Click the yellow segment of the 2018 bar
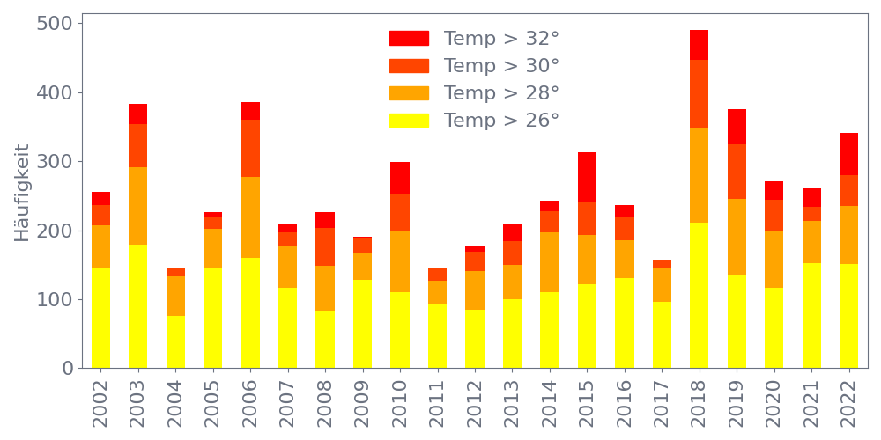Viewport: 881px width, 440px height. click(700, 295)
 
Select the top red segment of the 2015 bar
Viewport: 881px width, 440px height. click(587, 177)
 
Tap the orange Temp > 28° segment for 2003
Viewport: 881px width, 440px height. click(137, 206)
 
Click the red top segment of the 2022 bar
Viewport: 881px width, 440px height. click(849, 154)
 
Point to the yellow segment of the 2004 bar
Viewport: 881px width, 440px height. click(175, 341)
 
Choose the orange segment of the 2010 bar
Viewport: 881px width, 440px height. click(400, 261)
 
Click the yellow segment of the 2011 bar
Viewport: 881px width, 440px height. click(437, 336)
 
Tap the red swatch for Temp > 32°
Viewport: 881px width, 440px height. click(409, 39)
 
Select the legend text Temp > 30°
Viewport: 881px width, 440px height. click(501, 66)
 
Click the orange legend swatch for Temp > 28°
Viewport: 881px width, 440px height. click(409, 93)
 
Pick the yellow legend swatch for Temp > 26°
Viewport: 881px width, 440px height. click(409, 121)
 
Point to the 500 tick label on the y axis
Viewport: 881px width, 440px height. click(55, 24)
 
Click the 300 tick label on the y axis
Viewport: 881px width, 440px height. click(55, 162)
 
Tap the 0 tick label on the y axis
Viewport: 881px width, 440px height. click(67, 369)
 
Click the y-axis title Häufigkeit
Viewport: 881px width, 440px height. click(22, 194)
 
